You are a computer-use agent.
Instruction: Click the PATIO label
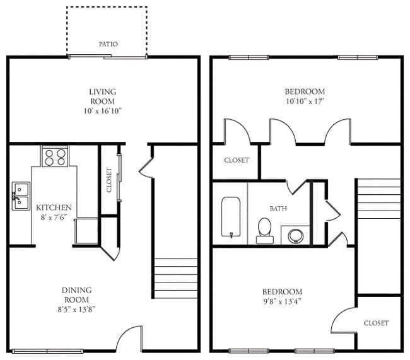108,44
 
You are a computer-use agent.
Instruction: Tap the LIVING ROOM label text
102,96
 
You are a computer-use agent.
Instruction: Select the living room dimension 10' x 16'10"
102,110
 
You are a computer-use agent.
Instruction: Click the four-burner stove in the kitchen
55,156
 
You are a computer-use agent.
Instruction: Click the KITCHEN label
54,207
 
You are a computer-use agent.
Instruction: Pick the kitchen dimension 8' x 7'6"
54,218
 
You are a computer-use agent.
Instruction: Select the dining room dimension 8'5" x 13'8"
76,309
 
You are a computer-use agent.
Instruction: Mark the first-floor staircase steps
175,277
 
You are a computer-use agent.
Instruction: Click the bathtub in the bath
230,218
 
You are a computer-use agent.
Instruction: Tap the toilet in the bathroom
264,230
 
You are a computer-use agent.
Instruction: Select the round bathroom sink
295,236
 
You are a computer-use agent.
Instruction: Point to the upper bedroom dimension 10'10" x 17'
305,101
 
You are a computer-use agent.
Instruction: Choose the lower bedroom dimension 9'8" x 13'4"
282,301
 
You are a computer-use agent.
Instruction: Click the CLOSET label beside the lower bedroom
376,323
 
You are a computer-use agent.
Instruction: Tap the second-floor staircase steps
378,199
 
